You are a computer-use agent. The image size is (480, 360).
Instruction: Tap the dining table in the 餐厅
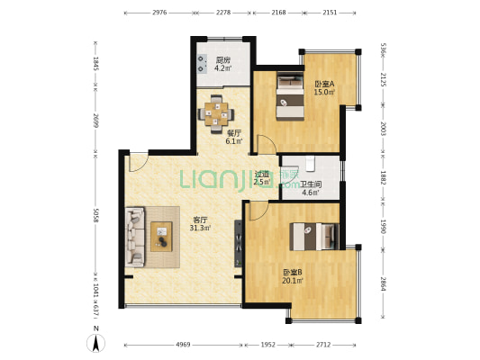[216, 113]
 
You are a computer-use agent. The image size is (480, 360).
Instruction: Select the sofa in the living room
[135, 237]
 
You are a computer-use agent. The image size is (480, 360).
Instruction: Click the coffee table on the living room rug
[161, 237]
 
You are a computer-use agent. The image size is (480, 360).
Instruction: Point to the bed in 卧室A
[290, 95]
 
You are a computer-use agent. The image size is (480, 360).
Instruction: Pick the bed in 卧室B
[314, 237]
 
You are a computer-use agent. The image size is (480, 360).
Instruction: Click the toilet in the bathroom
[310, 163]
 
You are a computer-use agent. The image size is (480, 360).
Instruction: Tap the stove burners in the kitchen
[201, 64]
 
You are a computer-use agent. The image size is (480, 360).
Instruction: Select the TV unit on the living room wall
[238, 243]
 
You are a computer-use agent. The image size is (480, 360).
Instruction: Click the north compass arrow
[95, 343]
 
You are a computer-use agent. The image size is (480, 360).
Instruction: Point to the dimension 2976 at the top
[159, 13]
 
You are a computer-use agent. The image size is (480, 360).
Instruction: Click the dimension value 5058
[95, 216]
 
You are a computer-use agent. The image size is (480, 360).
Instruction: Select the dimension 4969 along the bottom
[183, 345]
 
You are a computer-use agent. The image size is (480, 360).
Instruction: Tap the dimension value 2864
[384, 283]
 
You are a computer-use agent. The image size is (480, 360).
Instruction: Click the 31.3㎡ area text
[200, 228]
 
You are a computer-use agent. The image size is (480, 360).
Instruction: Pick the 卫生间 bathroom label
[311, 184]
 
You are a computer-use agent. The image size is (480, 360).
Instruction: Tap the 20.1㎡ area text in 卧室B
[293, 281]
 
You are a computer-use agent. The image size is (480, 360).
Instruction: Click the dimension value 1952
[267, 345]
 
